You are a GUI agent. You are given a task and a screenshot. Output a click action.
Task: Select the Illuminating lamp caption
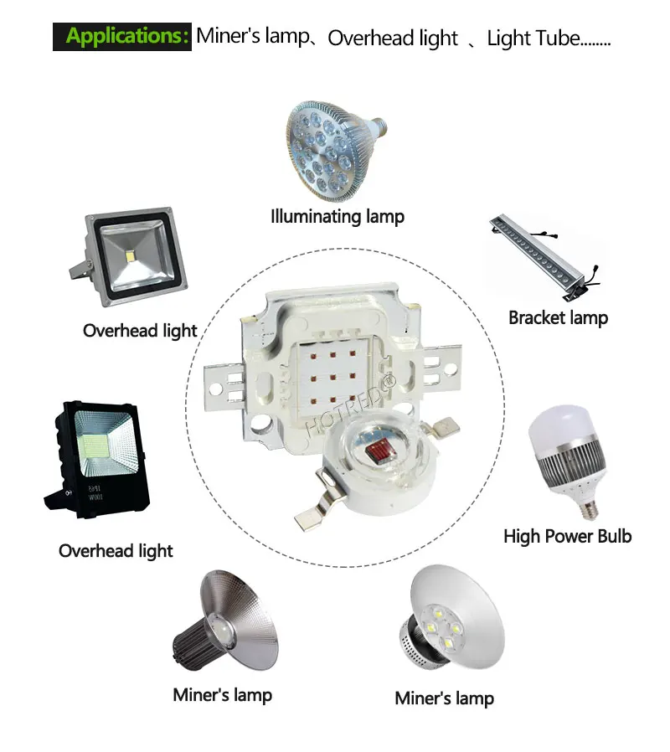[x=338, y=217]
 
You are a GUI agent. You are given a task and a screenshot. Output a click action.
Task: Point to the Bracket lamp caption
[x=559, y=317]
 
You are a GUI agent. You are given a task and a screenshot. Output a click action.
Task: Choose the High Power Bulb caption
[x=568, y=536]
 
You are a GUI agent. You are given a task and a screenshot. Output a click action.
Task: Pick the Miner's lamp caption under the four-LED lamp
[x=444, y=698]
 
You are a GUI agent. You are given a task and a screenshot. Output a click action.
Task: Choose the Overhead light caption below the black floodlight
[x=116, y=551]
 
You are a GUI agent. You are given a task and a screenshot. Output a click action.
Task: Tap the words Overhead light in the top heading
[x=393, y=39]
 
